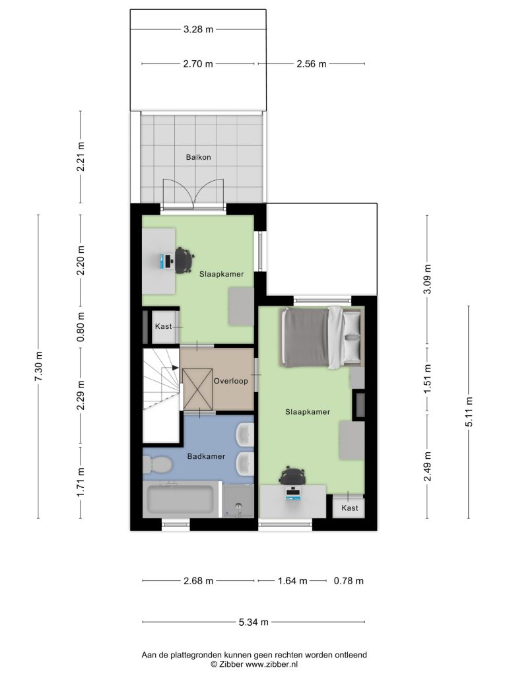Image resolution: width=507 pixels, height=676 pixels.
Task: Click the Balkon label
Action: [198, 157]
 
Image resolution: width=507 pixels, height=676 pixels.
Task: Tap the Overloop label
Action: [230, 381]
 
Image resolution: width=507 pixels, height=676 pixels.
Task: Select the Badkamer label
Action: [206, 456]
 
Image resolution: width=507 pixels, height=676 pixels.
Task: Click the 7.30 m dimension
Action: [39, 366]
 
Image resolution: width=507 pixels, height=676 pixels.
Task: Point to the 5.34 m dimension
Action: [253, 622]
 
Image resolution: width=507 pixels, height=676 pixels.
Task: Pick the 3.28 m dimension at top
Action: [198, 29]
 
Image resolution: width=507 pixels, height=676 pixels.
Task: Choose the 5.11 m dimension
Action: [469, 412]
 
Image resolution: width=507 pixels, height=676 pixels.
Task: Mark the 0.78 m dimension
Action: [349, 581]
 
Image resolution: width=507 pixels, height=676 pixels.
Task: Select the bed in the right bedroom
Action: [321, 337]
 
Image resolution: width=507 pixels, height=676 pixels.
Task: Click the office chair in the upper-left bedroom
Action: [184, 259]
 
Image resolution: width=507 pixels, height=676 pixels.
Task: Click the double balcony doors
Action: [193, 195]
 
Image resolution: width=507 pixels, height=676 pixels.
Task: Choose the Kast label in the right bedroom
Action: [350, 508]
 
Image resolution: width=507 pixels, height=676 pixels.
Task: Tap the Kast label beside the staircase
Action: [164, 326]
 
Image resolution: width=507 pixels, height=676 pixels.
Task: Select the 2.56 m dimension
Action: [312, 64]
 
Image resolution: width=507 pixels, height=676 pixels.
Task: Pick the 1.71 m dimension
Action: [80, 482]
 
